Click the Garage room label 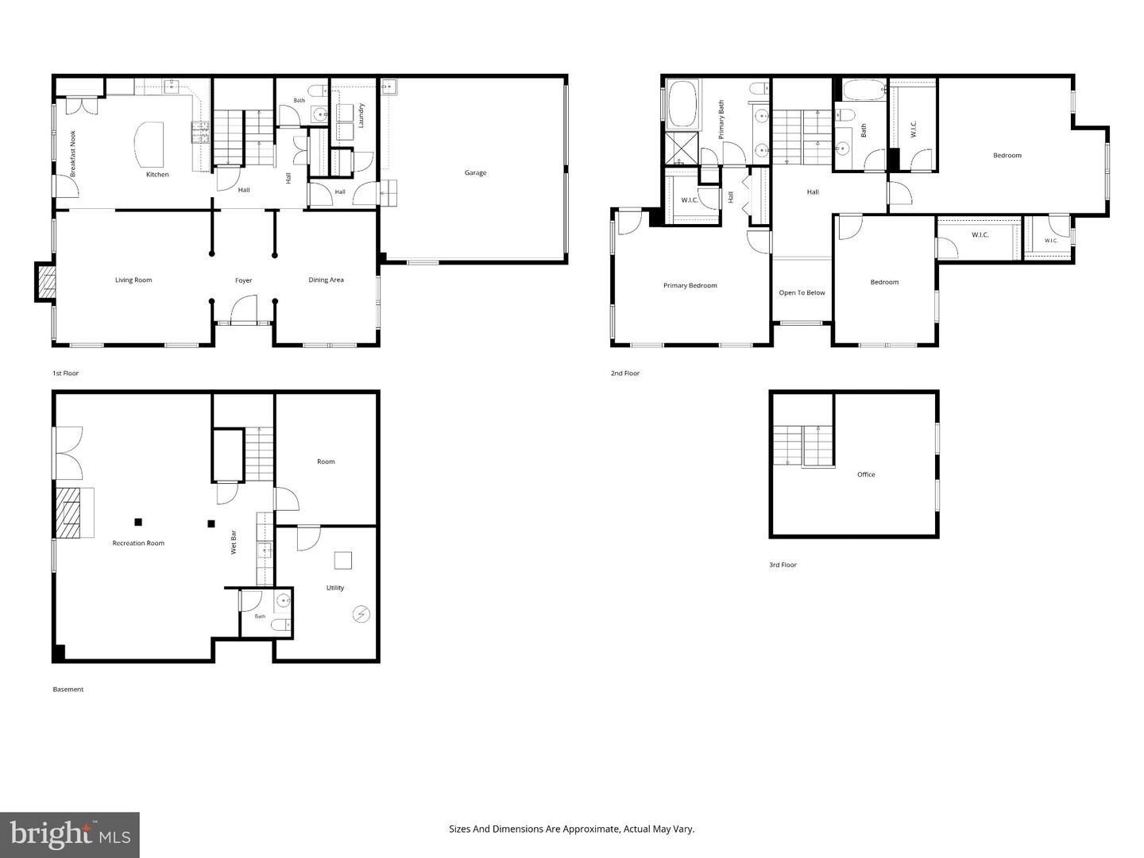click(x=475, y=172)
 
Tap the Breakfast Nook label click(x=73, y=153)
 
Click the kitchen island click(x=149, y=145)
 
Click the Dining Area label click(x=326, y=280)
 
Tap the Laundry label click(x=361, y=116)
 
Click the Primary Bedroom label click(x=690, y=285)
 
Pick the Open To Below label click(x=802, y=293)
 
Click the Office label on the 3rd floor click(x=866, y=474)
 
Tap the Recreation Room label click(x=138, y=543)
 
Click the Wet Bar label click(x=234, y=542)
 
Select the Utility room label click(x=334, y=588)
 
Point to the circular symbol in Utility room click(x=361, y=614)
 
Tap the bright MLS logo click(x=70, y=834)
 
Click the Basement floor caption click(x=68, y=690)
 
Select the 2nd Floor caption click(x=625, y=373)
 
